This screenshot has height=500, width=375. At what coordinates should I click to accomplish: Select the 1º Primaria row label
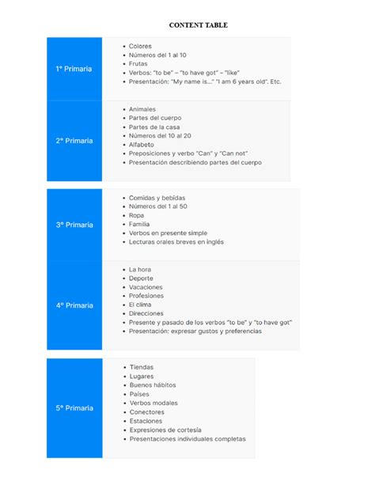coord(74,69)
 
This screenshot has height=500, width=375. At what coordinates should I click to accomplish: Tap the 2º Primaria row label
coord(74,141)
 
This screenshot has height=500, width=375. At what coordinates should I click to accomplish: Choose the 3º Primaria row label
coord(74,225)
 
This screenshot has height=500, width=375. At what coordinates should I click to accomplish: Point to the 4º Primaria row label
coord(74,305)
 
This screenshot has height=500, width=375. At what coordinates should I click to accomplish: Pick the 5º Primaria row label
coord(74,408)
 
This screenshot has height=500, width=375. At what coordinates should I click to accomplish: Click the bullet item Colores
coord(140,47)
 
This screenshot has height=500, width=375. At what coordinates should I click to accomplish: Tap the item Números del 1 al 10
coord(157,55)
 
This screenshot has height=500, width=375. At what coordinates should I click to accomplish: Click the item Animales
coord(142,109)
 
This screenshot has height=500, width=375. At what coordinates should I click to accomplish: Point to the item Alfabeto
coord(142,145)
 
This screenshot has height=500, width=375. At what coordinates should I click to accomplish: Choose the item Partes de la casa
coord(154,127)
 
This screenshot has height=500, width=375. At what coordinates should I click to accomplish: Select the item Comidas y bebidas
coord(157,198)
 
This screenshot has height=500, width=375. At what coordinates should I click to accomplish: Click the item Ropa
coord(137,215)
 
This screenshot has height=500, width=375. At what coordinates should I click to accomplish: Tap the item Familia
coord(140,224)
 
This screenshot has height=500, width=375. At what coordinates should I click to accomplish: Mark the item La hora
coord(141,270)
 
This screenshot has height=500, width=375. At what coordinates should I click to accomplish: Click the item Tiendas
coord(142,367)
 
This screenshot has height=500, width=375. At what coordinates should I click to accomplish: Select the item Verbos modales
coord(153,403)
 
